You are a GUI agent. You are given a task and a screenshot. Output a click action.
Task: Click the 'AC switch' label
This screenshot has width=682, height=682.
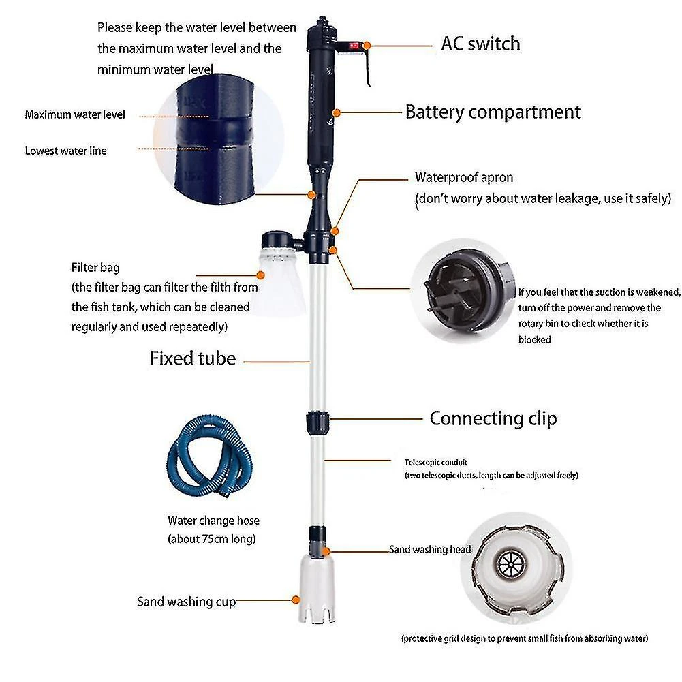(480, 44)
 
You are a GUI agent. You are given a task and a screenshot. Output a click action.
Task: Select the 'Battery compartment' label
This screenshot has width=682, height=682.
(493, 112)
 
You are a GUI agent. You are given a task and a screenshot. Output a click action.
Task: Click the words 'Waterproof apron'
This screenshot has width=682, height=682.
(464, 178)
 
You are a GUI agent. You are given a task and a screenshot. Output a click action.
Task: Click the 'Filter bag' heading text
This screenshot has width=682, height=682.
(95, 268)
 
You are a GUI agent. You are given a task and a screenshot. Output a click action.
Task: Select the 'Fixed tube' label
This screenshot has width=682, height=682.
(193, 358)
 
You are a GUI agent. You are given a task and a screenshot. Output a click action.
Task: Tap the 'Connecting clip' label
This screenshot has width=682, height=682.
(493, 418)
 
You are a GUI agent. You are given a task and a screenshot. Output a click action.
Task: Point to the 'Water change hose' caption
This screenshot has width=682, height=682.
(213, 521)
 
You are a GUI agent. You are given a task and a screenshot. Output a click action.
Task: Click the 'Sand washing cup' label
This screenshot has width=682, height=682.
(186, 602)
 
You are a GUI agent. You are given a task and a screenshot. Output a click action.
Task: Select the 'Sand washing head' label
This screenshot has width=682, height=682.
(430, 549)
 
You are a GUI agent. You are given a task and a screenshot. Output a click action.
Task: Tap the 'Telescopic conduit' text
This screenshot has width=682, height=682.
(436, 462)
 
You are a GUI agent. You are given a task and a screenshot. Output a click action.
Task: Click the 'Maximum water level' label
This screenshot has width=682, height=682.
(75, 114)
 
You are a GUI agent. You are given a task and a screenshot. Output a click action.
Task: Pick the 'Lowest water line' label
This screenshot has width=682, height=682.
(66, 151)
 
